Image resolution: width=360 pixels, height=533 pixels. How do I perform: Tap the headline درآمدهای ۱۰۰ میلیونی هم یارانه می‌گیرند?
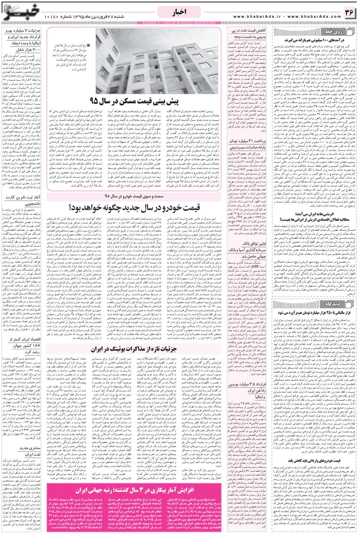pyautogui.click(x=315, y=39)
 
